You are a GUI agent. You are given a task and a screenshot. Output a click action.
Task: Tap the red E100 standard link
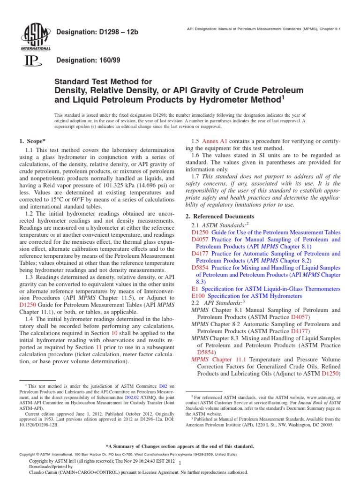pos(199,296)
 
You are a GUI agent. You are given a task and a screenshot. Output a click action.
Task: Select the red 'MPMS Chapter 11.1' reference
pos(211,359)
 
